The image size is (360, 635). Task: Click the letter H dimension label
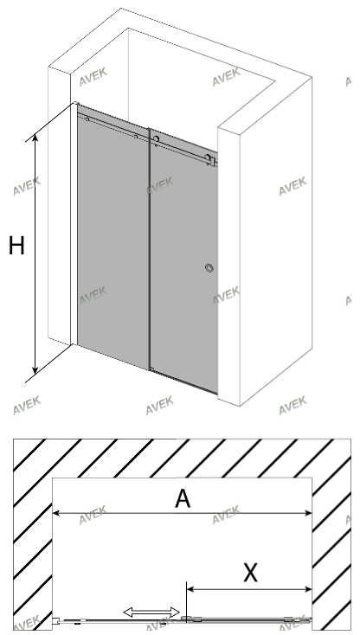click(x=16, y=246)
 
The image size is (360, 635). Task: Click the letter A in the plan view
click(x=183, y=498)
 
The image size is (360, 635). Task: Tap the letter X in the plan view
click(x=250, y=573)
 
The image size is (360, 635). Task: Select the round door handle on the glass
click(x=209, y=267)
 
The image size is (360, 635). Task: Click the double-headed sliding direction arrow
click(x=151, y=613)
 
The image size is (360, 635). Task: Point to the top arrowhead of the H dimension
click(x=35, y=138)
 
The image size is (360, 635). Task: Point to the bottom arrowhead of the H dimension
click(x=35, y=369)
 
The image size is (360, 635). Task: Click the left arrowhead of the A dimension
click(x=57, y=513)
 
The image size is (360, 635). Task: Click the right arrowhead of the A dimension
click(x=308, y=513)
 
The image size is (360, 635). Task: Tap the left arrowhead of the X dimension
click(x=190, y=589)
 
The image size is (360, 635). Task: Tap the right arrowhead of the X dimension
click(x=308, y=589)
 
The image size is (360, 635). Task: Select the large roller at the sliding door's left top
click(x=157, y=139)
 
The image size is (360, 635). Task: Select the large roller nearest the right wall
click(x=208, y=157)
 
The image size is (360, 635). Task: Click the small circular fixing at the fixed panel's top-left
click(x=87, y=119)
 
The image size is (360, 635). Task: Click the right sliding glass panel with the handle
click(x=184, y=260)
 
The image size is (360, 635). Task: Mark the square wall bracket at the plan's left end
click(x=56, y=619)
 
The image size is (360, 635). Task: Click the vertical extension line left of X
click(x=186, y=600)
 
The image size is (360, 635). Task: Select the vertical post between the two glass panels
click(x=150, y=249)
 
